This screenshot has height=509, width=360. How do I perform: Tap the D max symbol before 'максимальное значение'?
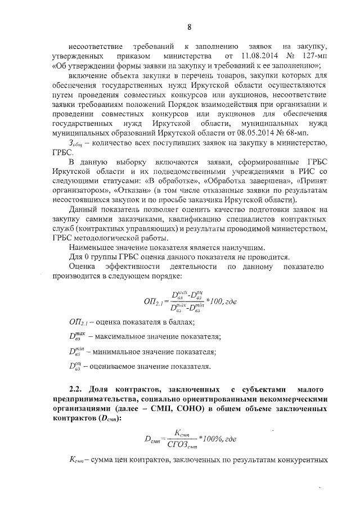click(x=75, y=336)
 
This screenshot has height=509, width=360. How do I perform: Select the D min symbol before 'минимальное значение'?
click(x=75, y=353)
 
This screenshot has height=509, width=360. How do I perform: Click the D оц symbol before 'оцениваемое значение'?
click(x=75, y=368)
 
